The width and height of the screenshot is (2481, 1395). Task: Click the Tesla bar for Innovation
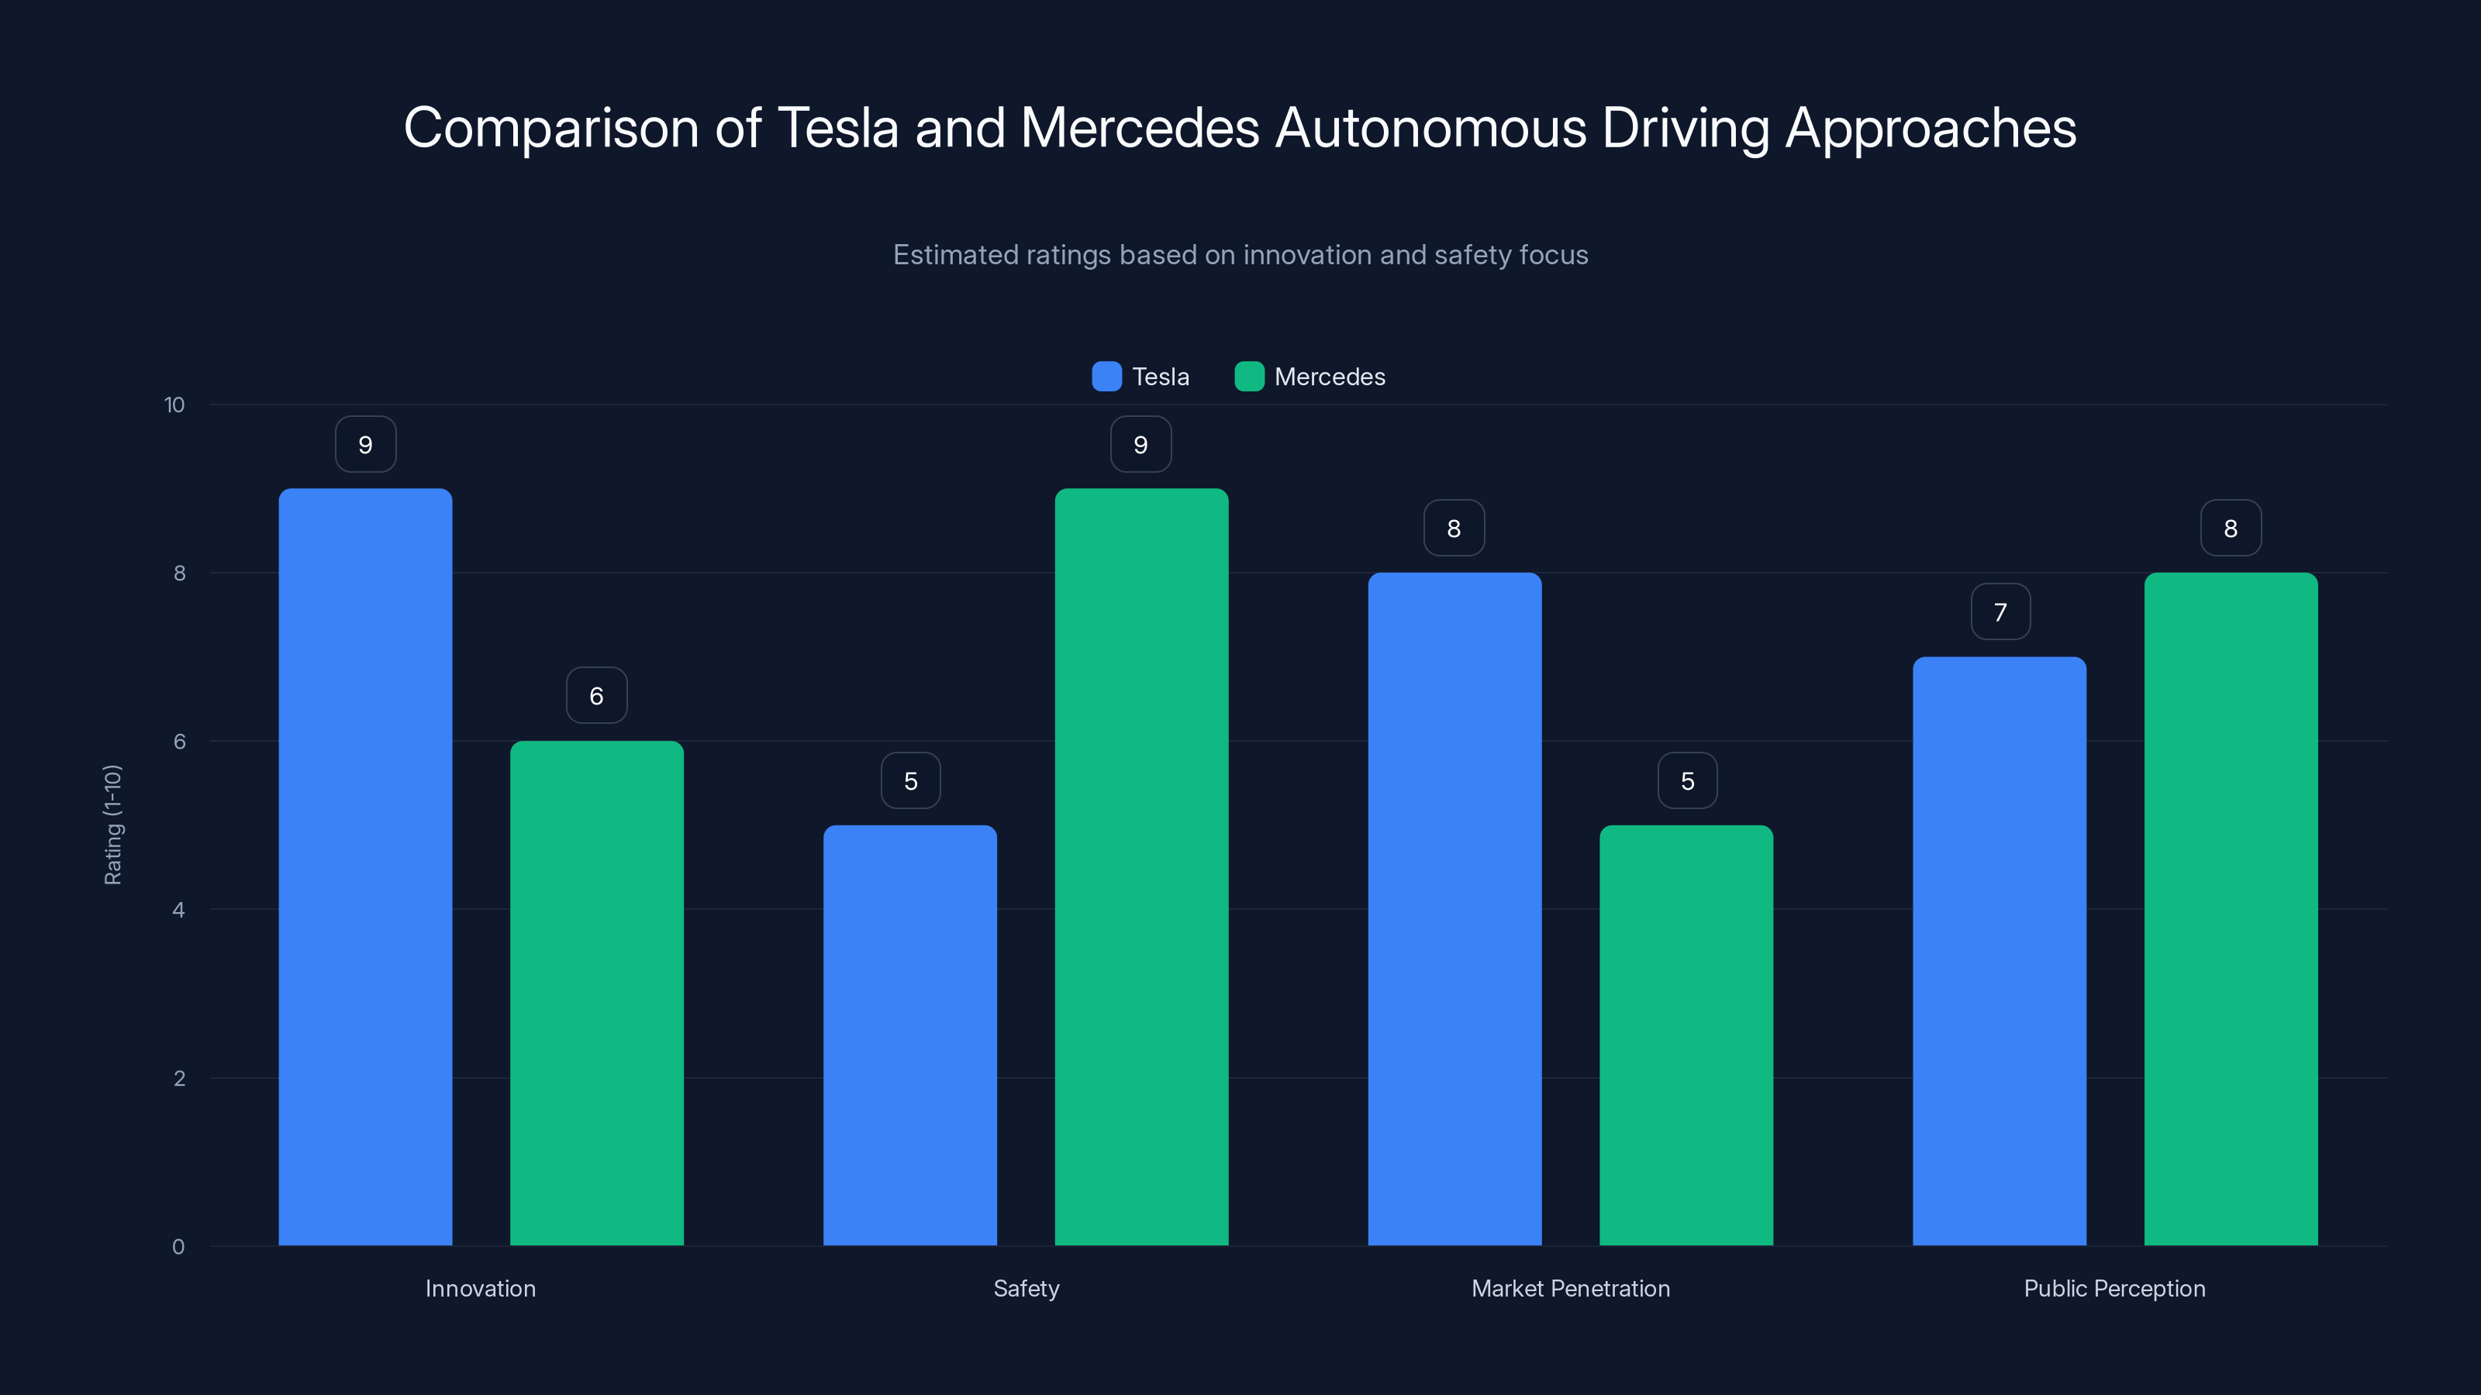[365, 866]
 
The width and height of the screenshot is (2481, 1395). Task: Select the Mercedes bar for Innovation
[596, 992]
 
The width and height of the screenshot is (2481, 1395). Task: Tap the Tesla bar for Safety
[909, 1035]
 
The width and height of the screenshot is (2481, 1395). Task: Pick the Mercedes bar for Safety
[1141, 866]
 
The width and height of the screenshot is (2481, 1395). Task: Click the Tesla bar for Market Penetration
[1454, 909]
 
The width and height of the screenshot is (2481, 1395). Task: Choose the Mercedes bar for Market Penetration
[1686, 1035]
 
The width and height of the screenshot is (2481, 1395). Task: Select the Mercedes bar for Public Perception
[2231, 909]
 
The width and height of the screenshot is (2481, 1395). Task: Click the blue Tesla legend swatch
[1106, 377]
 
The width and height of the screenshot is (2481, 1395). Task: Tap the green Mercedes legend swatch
[1249, 377]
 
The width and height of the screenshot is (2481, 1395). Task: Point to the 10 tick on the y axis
[174, 405]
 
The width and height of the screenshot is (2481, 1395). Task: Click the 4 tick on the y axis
[178, 910]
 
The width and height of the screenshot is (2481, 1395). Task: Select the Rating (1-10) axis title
[112, 825]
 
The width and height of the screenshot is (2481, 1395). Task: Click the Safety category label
[1026, 1288]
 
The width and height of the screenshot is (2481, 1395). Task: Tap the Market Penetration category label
[1570, 1288]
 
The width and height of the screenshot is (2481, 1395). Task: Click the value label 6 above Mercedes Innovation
[596, 695]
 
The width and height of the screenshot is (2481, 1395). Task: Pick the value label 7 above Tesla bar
[2000, 611]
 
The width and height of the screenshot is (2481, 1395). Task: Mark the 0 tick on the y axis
[178, 1247]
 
